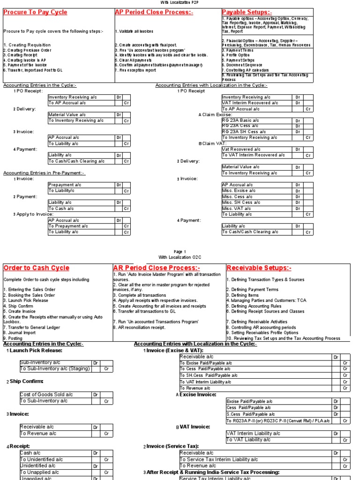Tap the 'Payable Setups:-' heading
tap(247, 12)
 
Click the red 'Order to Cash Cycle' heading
tap(36, 268)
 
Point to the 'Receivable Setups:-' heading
tap(258, 268)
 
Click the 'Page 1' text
tap(180, 251)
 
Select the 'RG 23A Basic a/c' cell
tap(240, 120)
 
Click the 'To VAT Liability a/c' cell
tap(248, 440)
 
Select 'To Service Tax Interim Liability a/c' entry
tap(219, 459)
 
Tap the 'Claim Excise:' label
tap(217, 114)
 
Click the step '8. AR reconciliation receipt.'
tap(139, 328)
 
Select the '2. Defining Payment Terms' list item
tap(252, 290)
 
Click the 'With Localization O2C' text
tap(180, 257)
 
